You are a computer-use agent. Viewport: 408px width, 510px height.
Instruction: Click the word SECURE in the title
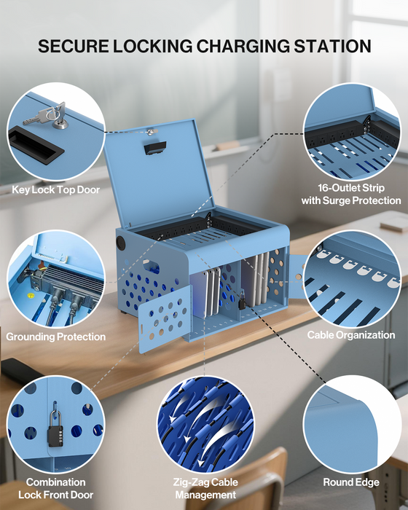click(73, 46)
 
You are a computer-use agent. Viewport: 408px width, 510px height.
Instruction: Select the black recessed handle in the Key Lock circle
click(36, 146)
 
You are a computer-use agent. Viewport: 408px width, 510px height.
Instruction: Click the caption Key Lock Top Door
click(55, 189)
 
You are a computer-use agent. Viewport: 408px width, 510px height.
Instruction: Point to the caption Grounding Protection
click(55, 337)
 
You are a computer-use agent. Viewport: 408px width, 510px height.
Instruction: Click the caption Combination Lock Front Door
click(55, 488)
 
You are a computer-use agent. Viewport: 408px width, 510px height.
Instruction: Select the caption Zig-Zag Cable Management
click(205, 488)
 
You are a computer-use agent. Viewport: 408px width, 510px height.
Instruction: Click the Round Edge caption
click(351, 482)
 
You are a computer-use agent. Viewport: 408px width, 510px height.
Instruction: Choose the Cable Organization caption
click(351, 335)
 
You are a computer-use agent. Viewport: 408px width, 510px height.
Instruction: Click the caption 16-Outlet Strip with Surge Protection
click(351, 195)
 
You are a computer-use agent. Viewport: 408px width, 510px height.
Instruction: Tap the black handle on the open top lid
click(155, 147)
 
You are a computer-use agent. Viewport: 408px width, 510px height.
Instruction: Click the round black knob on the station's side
click(121, 243)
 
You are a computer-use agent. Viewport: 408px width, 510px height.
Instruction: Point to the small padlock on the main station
click(242, 301)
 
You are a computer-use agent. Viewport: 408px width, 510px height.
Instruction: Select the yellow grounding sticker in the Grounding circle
click(31, 296)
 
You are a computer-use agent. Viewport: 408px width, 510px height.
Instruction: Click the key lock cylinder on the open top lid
click(150, 132)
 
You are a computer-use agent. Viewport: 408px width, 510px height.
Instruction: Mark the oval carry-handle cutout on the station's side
click(150, 267)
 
